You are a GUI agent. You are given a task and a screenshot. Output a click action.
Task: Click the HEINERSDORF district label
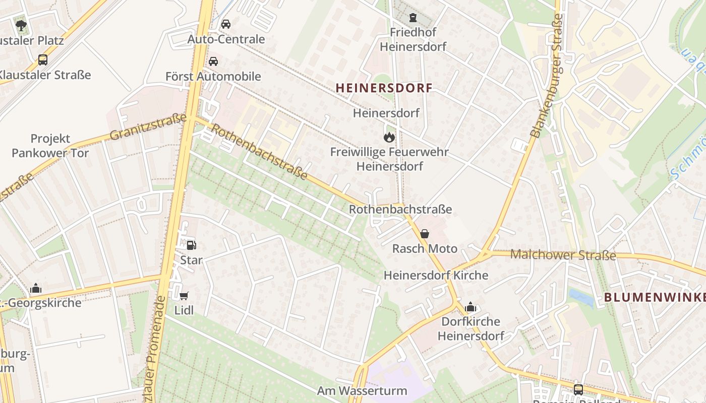384,88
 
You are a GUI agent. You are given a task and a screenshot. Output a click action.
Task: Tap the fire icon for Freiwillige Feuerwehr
389,137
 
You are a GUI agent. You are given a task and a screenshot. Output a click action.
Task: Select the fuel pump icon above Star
192,245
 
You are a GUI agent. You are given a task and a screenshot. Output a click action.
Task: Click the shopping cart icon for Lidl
184,296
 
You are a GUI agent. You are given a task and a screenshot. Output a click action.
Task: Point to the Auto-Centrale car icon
226,24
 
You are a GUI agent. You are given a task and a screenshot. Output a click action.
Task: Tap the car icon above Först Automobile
213,61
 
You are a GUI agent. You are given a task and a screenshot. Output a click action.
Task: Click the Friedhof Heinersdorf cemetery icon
413,18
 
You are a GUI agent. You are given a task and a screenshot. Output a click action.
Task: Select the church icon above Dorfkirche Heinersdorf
470,307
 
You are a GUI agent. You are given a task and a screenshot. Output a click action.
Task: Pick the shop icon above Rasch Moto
425,234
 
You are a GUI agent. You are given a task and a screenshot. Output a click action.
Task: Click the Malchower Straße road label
563,255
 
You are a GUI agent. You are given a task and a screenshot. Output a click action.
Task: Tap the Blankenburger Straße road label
548,76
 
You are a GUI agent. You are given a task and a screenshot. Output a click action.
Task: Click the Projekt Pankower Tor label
50,146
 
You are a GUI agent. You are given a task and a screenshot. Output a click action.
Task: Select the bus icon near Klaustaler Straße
43,60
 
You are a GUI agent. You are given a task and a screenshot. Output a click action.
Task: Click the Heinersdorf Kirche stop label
436,276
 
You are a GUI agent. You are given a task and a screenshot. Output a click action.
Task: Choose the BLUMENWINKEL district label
655,297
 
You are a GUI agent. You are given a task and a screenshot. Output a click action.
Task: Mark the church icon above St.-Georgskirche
36,289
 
